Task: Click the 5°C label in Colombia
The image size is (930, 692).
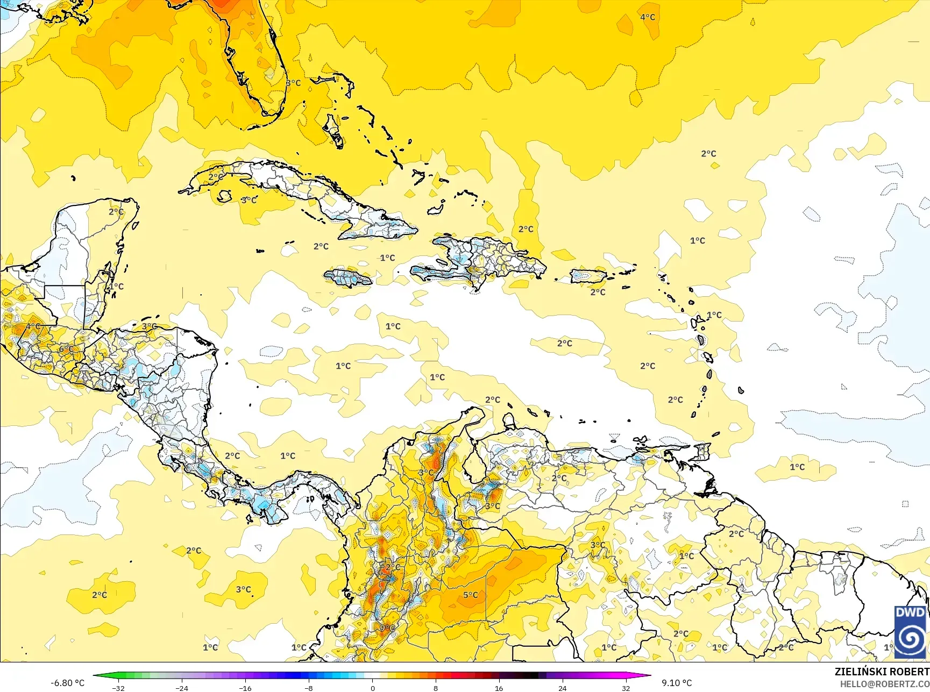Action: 471,595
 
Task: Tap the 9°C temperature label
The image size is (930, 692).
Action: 387,628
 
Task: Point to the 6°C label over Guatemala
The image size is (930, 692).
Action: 66,349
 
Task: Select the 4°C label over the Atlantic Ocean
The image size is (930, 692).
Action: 648,17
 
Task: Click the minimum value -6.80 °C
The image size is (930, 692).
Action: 67,683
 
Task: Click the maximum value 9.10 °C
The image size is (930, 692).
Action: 677,683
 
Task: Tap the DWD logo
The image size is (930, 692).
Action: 910,632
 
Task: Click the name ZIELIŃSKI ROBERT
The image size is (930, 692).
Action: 882,672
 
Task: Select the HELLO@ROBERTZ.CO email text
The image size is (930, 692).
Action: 885,684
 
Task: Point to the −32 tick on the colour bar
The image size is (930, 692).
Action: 118,688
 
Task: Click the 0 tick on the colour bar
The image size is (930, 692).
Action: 372,688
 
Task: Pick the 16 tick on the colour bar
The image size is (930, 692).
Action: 499,688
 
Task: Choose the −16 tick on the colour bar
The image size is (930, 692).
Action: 245,688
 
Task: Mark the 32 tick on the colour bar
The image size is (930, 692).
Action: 626,688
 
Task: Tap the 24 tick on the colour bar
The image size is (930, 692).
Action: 563,688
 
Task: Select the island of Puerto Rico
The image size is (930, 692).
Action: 588,276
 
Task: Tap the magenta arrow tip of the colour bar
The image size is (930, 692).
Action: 648,675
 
